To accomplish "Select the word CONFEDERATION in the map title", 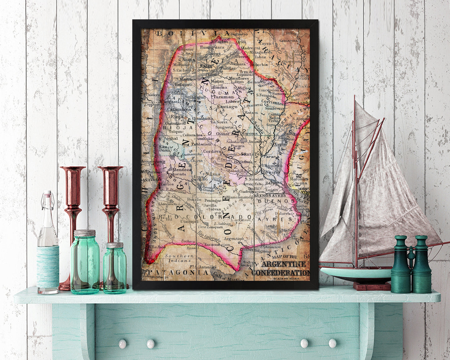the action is [x=281, y=273].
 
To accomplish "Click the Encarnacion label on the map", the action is [x=217, y=245].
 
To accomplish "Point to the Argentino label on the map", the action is [x=234, y=239].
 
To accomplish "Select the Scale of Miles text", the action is [x=287, y=278].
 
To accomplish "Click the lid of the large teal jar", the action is [x=85, y=233].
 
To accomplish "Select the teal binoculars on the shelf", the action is [x=411, y=265].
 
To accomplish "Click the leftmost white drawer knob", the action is [x=122, y=343].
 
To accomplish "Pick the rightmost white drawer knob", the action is [x=333, y=343].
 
